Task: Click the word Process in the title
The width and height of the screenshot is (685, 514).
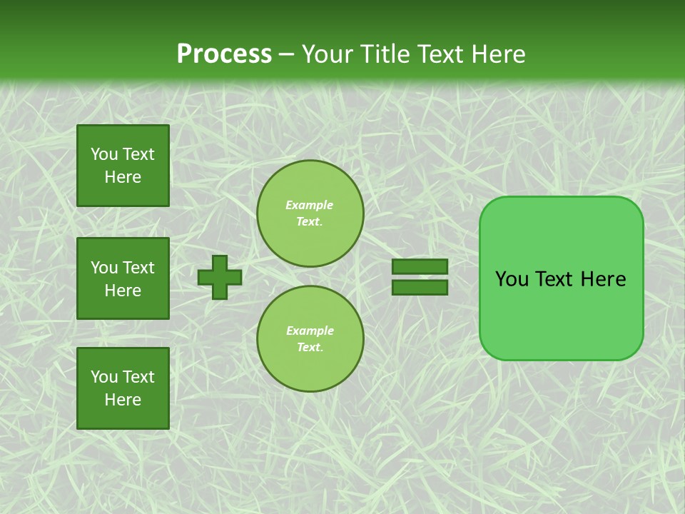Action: (224, 54)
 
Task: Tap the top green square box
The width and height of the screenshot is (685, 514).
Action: (123, 166)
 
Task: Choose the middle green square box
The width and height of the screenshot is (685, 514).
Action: (123, 278)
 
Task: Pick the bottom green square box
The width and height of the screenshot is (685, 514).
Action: (123, 388)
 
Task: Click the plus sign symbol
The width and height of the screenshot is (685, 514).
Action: (220, 277)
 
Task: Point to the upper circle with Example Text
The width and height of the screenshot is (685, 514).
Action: (310, 213)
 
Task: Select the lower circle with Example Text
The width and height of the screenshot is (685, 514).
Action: (310, 338)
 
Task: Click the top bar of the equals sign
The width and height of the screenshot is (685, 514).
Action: (420, 267)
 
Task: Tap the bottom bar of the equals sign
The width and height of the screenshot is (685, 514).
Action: (420, 287)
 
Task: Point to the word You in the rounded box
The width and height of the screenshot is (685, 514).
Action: (512, 279)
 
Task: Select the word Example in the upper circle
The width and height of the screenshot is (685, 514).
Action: (310, 205)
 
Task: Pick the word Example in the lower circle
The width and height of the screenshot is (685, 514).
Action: (310, 331)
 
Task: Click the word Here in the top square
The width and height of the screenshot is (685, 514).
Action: (123, 177)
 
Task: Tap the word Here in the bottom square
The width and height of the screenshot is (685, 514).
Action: (123, 400)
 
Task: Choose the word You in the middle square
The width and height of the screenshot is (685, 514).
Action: (104, 268)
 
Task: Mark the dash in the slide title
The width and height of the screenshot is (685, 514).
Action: (287, 54)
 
